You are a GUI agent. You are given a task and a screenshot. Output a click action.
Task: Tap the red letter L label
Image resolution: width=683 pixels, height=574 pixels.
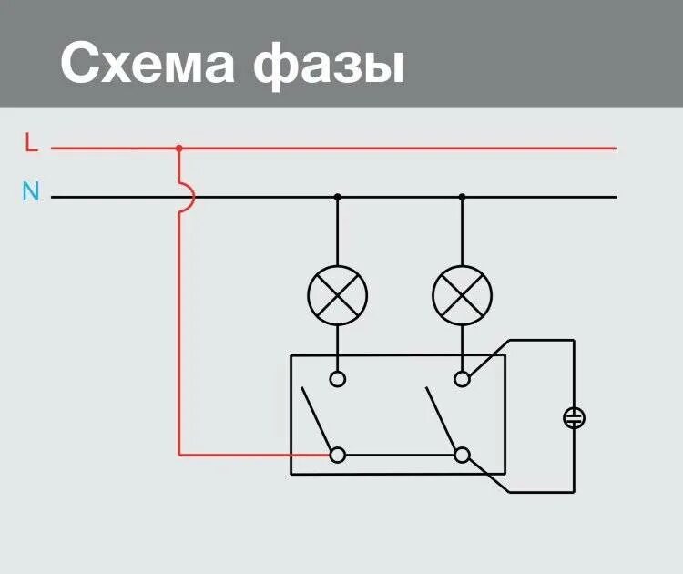coord(32,143)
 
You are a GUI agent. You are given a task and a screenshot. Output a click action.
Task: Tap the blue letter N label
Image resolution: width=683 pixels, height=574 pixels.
coord(31,192)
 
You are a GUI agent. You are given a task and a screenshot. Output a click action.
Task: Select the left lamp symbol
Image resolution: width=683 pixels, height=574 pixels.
coord(338,294)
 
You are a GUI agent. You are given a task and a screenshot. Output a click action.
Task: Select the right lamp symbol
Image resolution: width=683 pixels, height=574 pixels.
coord(462,294)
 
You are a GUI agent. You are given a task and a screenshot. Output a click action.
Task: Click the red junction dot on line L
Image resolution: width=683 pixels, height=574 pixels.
coord(178,148)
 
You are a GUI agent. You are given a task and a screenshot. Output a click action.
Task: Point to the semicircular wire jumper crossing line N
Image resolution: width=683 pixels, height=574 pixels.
coord(188,197)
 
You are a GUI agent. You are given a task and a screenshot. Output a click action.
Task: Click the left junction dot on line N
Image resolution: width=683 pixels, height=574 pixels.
coord(338,197)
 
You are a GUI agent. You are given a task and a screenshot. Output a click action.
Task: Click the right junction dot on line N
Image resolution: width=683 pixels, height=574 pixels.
coord(462,197)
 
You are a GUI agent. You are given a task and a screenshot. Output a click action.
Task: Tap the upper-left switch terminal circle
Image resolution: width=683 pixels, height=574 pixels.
coord(338,378)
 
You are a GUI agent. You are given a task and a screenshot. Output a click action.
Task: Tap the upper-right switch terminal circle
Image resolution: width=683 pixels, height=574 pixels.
coord(462,378)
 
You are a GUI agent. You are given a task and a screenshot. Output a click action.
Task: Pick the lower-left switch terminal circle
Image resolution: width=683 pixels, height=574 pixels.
coord(338,454)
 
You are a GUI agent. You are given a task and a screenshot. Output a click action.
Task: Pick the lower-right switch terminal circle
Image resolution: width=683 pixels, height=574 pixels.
coord(462,454)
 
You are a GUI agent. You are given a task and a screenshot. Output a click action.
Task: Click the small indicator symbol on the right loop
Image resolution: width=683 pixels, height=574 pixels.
coord(574,418)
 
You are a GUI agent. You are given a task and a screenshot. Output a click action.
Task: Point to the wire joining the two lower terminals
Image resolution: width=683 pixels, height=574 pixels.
coord(400,454)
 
